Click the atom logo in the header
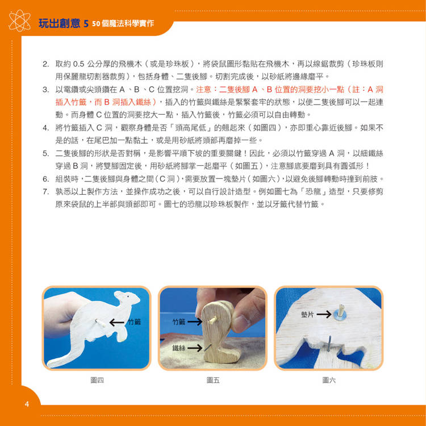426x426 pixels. (x=19, y=20)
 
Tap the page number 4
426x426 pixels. (x=27, y=404)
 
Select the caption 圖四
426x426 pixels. (x=97, y=380)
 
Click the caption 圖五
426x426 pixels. (x=213, y=380)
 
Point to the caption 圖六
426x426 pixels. (x=329, y=380)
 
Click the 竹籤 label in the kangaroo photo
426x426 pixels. (x=134, y=322)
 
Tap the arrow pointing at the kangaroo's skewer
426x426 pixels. (x=117, y=323)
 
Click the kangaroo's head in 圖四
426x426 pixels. (x=127, y=298)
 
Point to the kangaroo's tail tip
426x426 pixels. (x=49, y=364)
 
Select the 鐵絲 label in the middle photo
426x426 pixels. (x=178, y=348)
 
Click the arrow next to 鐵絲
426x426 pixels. (x=195, y=348)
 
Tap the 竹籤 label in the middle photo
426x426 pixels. (x=178, y=322)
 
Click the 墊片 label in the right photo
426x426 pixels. (x=307, y=314)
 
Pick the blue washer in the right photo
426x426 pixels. (x=340, y=315)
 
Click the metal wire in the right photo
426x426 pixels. (x=329, y=344)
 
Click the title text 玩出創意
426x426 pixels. (x=60, y=24)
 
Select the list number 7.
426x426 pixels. (x=45, y=192)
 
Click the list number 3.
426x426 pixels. (x=45, y=89)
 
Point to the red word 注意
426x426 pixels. (x=204, y=89)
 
